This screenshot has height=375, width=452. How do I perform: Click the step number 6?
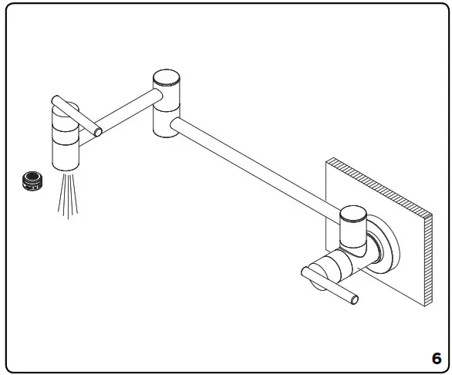click(x=436, y=358)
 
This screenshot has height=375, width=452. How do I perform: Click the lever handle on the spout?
click(x=77, y=115)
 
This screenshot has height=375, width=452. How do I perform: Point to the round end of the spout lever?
click(x=98, y=131)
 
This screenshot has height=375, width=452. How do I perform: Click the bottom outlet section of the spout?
click(x=66, y=158)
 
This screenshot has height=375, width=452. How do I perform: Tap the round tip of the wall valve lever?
click(x=356, y=299)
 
